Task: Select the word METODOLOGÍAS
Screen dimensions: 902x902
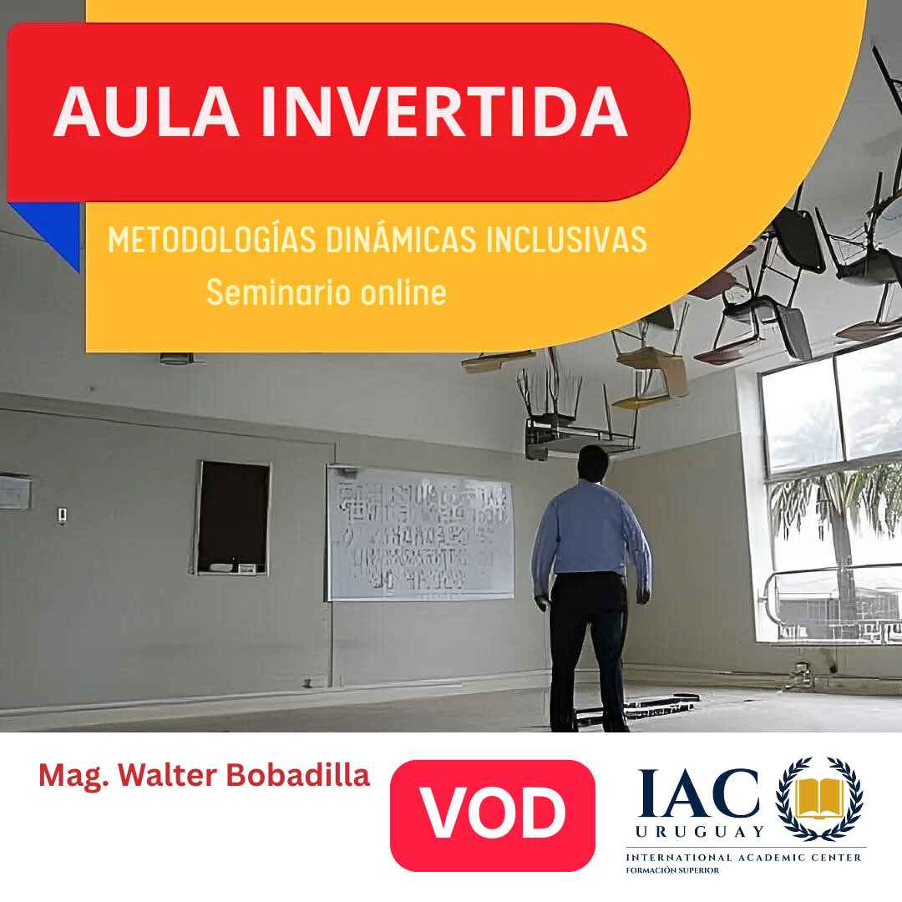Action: click(x=209, y=241)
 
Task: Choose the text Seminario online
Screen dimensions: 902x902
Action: click(x=326, y=292)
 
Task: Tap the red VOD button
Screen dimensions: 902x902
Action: click(x=492, y=814)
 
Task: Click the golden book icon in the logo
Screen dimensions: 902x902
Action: click(x=818, y=798)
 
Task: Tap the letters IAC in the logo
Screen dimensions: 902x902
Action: click(x=700, y=793)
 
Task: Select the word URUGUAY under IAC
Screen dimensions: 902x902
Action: click(x=700, y=832)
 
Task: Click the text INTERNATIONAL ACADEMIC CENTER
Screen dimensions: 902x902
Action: click(x=746, y=858)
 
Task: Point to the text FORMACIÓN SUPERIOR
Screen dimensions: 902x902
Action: click(x=672, y=870)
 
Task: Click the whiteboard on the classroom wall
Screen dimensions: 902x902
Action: click(x=420, y=532)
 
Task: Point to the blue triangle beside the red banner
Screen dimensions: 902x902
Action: click(x=54, y=225)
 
